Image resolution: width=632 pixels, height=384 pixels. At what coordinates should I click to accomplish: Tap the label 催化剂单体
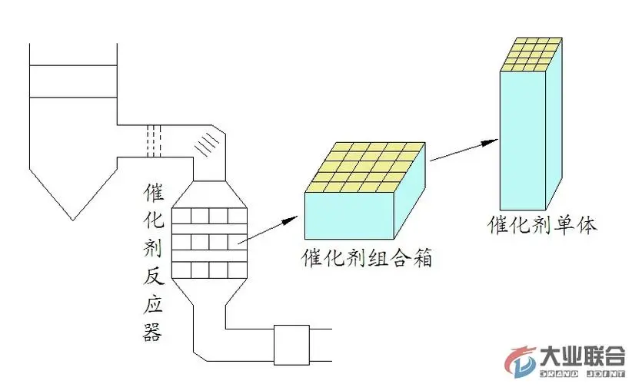tap(542, 225)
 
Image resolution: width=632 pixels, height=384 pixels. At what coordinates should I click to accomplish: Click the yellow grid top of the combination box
tap(365, 166)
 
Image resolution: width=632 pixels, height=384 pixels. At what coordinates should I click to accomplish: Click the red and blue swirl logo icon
tap(523, 361)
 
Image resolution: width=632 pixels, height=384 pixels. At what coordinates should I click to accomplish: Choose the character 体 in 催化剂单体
tap(587, 225)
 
